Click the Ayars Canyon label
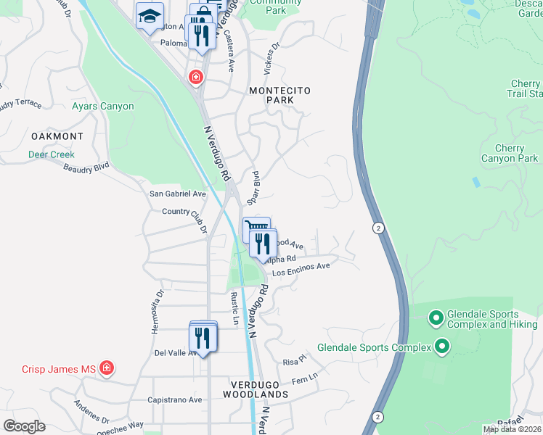(102, 107)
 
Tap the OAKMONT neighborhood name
(57, 136)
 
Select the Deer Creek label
(52, 154)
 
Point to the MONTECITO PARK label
(279, 96)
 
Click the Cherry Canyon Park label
(510, 154)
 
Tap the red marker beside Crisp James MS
(107, 368)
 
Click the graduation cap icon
(150, 16)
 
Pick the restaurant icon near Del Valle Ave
(202, 338)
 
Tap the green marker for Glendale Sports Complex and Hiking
(436, 318)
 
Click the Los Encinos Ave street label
(301, 270)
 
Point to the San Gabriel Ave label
(178, 194)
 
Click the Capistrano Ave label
(174, 399)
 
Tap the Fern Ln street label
(304, 378)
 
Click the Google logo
(24, 426)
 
